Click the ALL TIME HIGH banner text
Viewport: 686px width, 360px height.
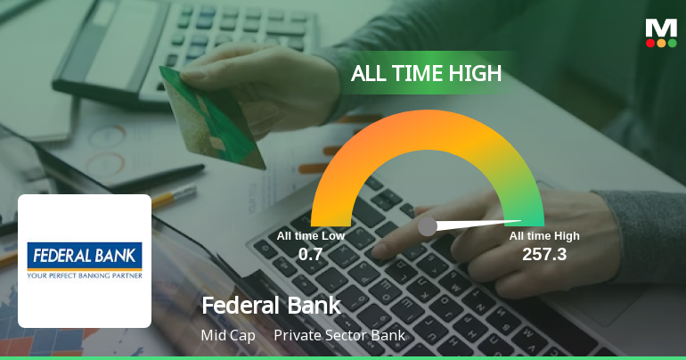click(x=426, y=73)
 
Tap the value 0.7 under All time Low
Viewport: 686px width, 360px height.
click(x=310, y=254)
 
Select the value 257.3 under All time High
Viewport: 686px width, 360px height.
click(x=544, y=254)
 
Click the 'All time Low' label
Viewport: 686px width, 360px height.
click(x=310, y=236)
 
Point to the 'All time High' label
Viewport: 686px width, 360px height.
click(x=544, y=236)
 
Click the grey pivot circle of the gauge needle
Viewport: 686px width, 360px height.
click(x=428, y=225)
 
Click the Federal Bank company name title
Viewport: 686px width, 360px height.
click(x=271, y=306)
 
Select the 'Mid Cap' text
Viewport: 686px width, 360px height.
click(x=228, y=336)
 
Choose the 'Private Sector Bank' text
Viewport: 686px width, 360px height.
click(x=339, y=336)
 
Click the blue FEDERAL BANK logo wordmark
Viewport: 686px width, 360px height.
click(x=85, y=255)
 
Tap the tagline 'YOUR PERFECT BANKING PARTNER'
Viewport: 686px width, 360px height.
click(x=85, y=274)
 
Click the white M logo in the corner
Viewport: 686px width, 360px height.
click(x=661, y=28)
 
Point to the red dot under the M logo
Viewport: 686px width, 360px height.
click(x=650, y=43)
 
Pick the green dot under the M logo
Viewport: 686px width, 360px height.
click(x=672, y=43)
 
